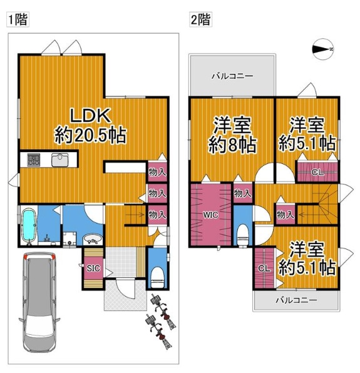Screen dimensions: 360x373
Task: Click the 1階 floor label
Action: point(18,20)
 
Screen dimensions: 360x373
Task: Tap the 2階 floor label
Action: point(200,20)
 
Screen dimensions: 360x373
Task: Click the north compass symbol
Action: point(322,49)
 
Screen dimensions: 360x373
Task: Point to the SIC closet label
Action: point(93,268)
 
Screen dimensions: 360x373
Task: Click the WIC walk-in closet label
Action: point(210,215)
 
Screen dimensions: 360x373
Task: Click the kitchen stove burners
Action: point(34,160)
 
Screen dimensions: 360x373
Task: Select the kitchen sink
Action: point(60,160)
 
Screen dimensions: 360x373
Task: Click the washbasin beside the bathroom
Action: point(93,239)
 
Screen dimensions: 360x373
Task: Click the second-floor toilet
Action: point(243,235)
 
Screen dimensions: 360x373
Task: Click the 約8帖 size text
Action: point(232,145)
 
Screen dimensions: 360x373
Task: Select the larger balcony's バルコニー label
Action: point(232,76)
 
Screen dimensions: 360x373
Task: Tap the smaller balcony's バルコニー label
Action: point(296,300)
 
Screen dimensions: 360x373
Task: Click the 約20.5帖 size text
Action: point(90,136)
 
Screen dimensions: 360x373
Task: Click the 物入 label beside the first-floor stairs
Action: point(157,215)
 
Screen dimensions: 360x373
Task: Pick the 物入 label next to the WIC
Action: point(243,193)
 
